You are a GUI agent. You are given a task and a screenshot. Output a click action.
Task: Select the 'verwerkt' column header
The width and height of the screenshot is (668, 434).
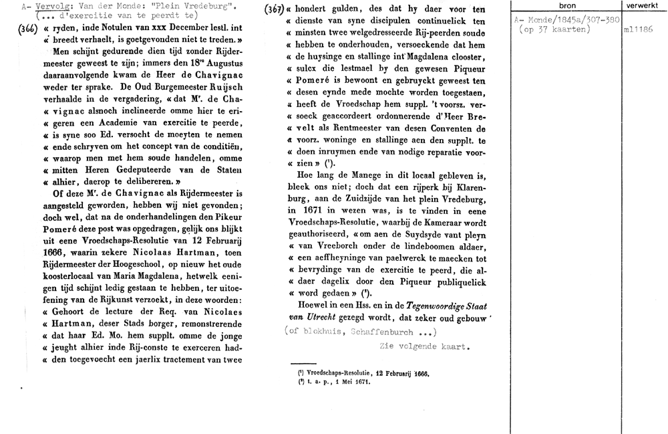click(x=640, y=5)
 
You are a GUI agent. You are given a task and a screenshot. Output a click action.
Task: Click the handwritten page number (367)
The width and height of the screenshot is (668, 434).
click(x=273, y=9)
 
